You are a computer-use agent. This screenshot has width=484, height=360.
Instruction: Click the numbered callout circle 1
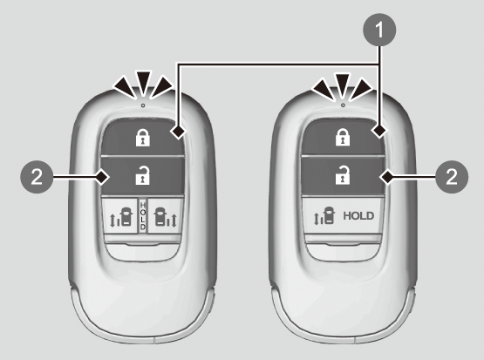(x=379, y=30)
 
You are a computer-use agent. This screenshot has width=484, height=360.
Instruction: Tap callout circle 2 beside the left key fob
(x=37, y=177)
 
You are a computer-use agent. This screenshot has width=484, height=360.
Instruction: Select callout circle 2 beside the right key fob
(x=452, y=177)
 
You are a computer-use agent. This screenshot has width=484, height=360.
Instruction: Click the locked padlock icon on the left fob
(x=143, y=138)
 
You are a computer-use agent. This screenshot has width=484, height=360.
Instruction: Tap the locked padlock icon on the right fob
(x=343, y=137)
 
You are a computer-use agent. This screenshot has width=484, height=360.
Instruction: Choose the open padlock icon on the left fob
(x=143, y=175)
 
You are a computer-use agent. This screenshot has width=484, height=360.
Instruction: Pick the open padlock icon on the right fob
(x=343, y=175)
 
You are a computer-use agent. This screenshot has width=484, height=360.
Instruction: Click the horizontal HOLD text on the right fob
(x=358, y=215)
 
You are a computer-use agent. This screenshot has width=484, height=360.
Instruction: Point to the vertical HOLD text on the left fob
(x=143, y=215)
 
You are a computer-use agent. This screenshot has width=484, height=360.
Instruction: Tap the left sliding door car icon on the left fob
(x=121, y=217)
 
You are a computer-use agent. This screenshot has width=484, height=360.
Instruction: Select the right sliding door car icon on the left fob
(x=166, y=217)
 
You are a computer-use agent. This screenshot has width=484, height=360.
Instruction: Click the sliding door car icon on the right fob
(x=324, y=214)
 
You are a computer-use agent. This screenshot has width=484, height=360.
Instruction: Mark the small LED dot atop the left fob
(x=143, y=105)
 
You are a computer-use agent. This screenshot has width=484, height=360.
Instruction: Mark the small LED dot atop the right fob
(x=343, y=105)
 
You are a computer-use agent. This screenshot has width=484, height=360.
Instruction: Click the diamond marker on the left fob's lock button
(x=178, y=132)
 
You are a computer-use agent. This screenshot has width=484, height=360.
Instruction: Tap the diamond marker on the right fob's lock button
(x=379, y=131)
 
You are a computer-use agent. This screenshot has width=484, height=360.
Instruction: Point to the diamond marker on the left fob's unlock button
(x=103, y=177)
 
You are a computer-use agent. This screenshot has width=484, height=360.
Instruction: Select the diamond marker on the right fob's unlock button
(x=387, y=177)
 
